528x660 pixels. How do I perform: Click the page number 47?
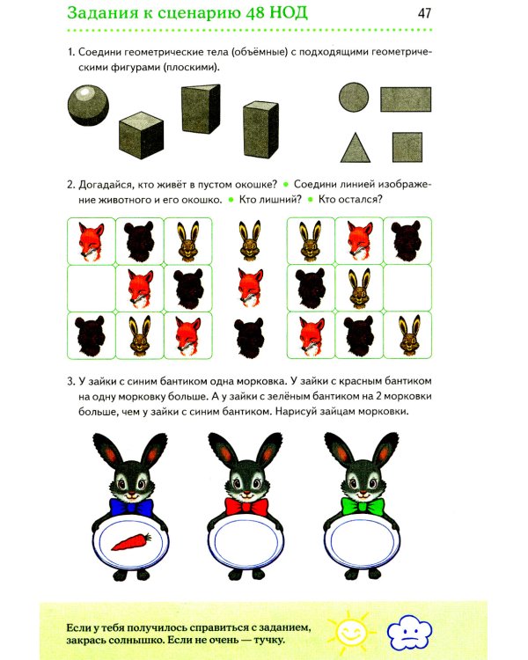(424, 13)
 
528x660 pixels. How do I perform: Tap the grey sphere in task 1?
(88, 106)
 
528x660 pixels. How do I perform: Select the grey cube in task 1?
(141, 136)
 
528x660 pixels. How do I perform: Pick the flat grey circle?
(354, 97)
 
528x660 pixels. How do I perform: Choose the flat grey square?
(407, 147)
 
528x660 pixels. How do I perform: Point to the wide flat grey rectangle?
(406, 99)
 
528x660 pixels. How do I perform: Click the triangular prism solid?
(201, 109)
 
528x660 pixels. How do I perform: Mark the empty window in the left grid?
(92, 289)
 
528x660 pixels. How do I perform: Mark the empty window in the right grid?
(407, 289)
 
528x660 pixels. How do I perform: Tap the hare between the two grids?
(250, 240)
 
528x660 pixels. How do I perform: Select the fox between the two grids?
(250, 288)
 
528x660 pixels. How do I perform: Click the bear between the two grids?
(249, 338)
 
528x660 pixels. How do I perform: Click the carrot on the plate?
(131, 541)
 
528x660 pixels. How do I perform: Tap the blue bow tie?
(130, 507)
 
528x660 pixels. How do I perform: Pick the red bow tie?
(246, 507)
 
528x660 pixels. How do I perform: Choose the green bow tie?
(363, 506)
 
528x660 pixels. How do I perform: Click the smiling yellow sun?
(351, 631)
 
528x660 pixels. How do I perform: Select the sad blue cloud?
(409, 631)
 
